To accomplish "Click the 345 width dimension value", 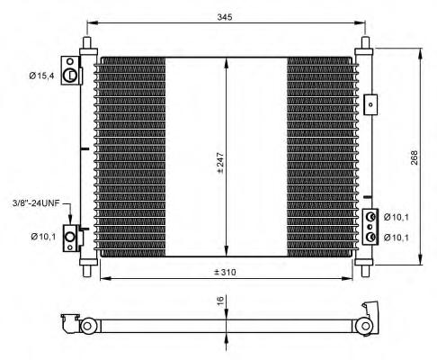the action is pyautogui.click(x=225, y=17).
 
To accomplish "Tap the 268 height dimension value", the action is pyautogui.click(x=414, y=157).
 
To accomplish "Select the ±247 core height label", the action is pyautogui.click(x=220, y=163).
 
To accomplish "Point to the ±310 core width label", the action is pyautogui.click(x=225, y=272).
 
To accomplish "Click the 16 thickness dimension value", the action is pyautogui.click(x=220, y=300).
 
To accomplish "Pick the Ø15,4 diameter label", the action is pyautogui.click(x=41, y=76).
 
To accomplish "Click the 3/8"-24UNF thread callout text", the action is pyautogui.click(x=36, y=203).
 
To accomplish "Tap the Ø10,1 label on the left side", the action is pyautogui.click(x=43, y=237).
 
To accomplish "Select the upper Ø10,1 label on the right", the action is pyautogui.click(x=397, y=217).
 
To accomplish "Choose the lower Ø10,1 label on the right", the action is pyautogui.click(x=397, y=238).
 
